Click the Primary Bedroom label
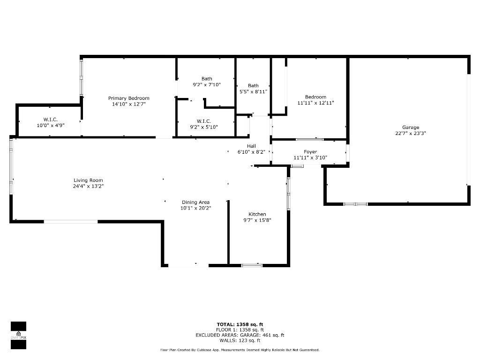(x=129, y=98)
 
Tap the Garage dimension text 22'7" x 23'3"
(x=410, y=133)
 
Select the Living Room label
(x=88, y=180)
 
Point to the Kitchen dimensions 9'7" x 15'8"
(x=257, y=220)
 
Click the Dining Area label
(x=196, y=202)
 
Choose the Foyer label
(x=310, y=151)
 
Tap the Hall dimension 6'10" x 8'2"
(x=251, y=151)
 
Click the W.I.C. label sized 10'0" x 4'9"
(x=50, y=120)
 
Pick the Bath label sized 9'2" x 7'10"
(x=207, y=79)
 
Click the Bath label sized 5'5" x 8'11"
(x=253, y=85)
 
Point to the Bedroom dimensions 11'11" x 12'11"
(x=315, y=103)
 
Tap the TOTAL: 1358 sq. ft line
(x=240, y=324)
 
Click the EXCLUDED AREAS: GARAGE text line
(x=240, y=335)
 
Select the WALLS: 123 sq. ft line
(x=240, y=340)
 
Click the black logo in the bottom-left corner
(x=18, y=335)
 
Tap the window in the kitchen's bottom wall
(x=252, y=266)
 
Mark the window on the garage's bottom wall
(x=355, y=204)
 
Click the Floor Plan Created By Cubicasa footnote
(x=240, y=350)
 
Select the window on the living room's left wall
(x=11, y=162)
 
